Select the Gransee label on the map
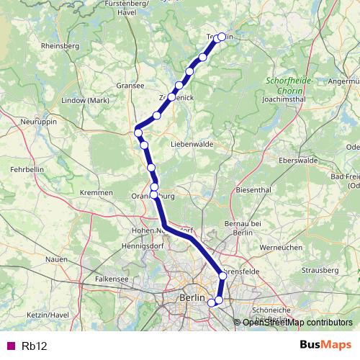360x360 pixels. point(130,85)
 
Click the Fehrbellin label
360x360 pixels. point(27,168)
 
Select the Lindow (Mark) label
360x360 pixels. point(84,100)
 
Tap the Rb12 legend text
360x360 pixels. point(34,346)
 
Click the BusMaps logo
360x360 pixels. point(325,345)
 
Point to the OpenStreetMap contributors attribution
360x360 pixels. point(297,322)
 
